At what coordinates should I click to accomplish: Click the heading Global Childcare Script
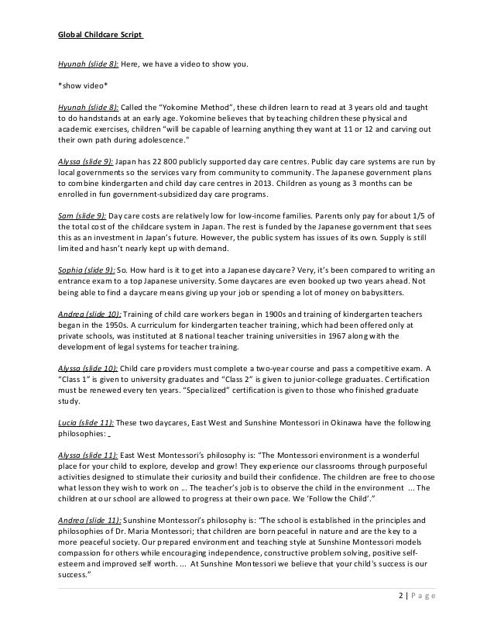click(x=100, y=35)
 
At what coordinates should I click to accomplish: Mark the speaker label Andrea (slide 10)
click(x=87, y=313)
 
